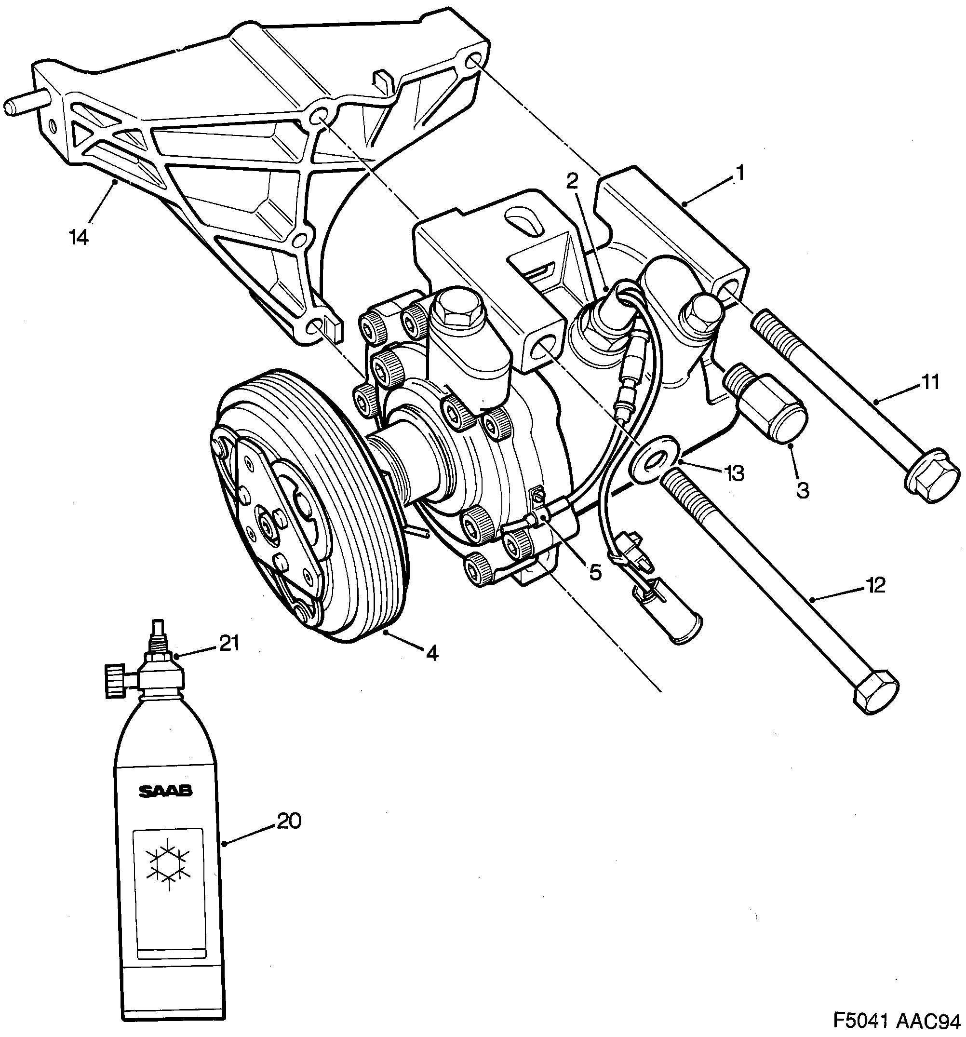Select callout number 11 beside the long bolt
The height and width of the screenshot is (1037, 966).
tap(930, 382)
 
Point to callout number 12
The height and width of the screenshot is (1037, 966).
tap(875, 585)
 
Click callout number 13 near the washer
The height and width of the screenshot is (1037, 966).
tap(733, 473)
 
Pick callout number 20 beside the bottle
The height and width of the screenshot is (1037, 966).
tap(289, 822)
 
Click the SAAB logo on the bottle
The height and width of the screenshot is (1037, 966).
tap(165, 792)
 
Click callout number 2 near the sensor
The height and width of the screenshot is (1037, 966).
tap(572, 181)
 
